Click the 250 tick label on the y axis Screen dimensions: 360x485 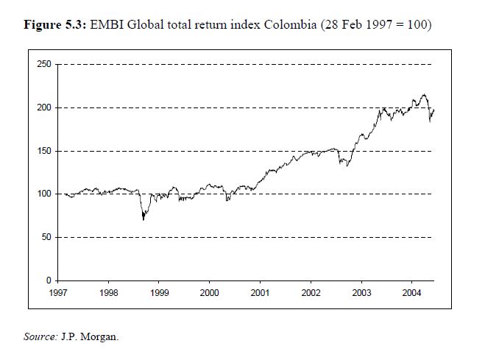pyautogui.click(x=44, y=65)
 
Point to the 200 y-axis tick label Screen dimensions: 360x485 pyautogui.click(x=44, y=108)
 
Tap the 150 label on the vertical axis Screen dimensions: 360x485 pyautogui.click(x=44, y=151)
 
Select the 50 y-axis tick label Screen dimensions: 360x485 pyautogui.click(x=46, y=238)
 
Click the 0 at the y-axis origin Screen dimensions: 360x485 pyautogui.click(x=49, y=280)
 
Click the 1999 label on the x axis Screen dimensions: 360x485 pyautogui.click(x=159, y=292)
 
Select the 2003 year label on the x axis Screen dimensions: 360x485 pyautogui.click(x=361, y=292)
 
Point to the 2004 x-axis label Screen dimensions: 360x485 pyautogui.click(x=412, y=292)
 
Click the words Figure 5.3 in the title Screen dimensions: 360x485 pyautogui.click(x=54, y=25)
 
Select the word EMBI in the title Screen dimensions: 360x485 pyautogui.click(x=106, y=25)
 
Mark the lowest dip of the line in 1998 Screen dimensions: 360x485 pyautogui.click(x=144, y=219)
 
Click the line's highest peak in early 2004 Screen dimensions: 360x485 pyautogui.click(x=423, y=94)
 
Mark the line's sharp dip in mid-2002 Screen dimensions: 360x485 pyautogui.click(x=347, y=166)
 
